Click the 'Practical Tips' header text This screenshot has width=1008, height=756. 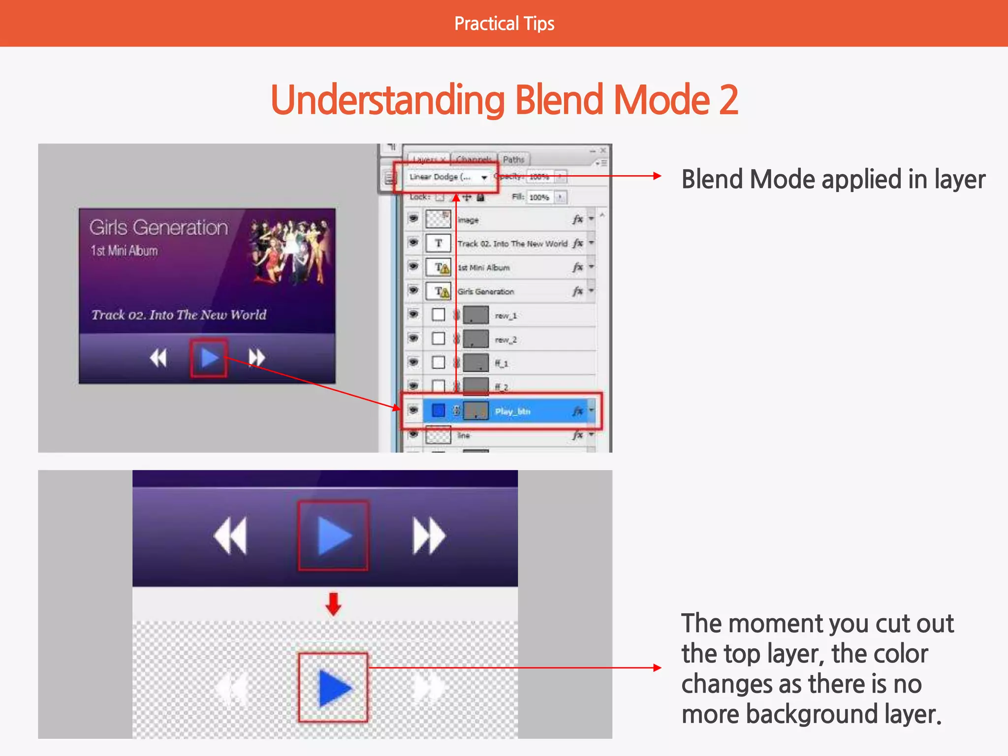tap(504, 24)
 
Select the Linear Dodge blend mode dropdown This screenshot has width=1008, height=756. tap(447, 177)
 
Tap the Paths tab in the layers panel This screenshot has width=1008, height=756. tap(513, 159)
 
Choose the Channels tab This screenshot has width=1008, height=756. tap(473, 159)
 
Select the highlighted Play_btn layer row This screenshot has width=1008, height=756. tap(512, 411)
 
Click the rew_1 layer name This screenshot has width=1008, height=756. tap(505, 315)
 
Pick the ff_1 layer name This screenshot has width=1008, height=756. tap(501, 363)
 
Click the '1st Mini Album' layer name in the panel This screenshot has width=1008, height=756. tap(483, 267)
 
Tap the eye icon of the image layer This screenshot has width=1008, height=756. tap(413, 218)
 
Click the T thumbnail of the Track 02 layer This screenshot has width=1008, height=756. tap(438, 243)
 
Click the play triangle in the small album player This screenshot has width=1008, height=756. tap(209, 358)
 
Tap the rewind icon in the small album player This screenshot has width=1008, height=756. tap(158, 358)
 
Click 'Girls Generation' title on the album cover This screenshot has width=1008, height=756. tap(158, 227)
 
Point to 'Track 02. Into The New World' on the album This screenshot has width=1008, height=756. tap(179, 315)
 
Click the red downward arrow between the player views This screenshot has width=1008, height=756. tap(333, 604)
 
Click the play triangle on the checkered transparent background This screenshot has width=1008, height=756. tap(334, 688)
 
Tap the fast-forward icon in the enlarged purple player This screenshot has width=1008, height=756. tap(429, 535)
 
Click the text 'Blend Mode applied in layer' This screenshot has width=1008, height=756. tap(833, 179)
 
